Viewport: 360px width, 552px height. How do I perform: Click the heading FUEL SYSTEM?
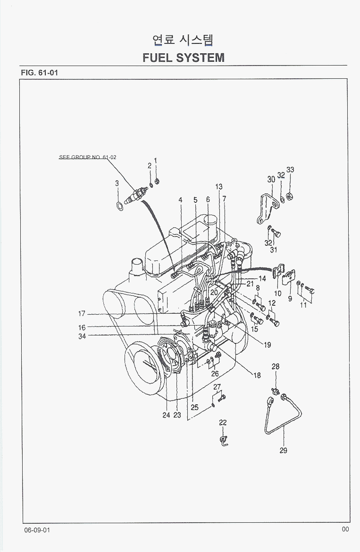pos(183,58)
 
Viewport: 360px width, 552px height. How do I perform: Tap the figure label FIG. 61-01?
pos(39,73)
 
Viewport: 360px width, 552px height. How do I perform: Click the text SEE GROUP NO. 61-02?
pos(87,157)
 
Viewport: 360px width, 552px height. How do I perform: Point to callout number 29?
pos(283,451)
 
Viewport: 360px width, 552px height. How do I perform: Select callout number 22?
pos(223,423)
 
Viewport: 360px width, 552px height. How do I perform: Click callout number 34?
pos(82,336)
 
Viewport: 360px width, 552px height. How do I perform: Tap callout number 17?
pos(82,314)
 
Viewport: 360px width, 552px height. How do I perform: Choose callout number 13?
pos(219,187)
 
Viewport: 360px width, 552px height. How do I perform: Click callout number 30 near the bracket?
pos(271,180)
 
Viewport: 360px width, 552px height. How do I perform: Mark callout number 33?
pos(290,170)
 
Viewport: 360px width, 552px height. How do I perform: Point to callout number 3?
pos(117,183)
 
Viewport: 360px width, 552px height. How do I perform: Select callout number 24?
pos(166,415)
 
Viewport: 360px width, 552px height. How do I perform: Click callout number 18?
pos(257,376)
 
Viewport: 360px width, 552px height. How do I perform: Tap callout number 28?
pos(276,367)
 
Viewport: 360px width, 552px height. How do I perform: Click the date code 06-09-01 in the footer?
pos(37,530)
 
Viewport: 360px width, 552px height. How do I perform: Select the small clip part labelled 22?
pos(223,441)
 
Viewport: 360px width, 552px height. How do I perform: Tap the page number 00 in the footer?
pos(345,529)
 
